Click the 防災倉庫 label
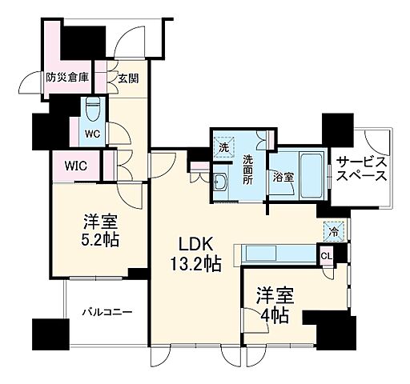pos(67,78)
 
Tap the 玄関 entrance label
pos(128,78)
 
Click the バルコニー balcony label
pos(107,312)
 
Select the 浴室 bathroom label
pos(282,176)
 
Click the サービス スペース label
pos(361,166)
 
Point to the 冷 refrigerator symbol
pos(334,230)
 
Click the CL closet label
pos(326,255)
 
